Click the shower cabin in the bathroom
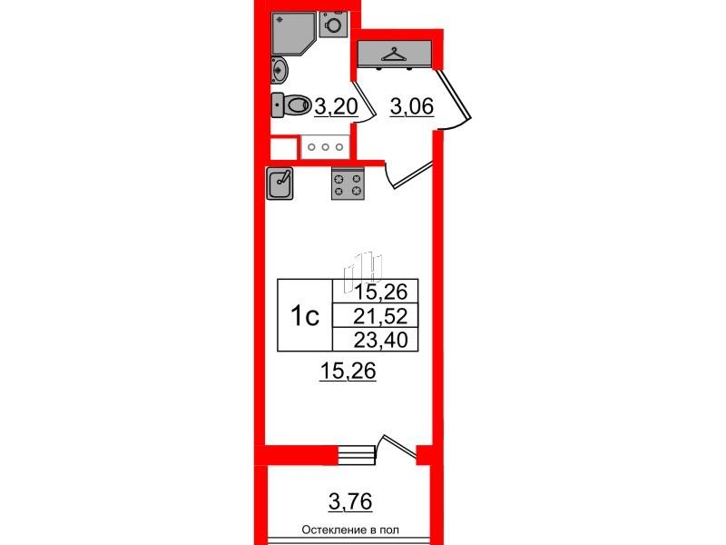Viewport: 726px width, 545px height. (291, 33)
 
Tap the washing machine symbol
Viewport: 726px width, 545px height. (333, 25)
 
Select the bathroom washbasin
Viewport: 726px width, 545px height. (280, 71)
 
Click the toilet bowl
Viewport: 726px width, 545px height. (291, 105)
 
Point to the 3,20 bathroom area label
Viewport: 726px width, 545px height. (336, 107)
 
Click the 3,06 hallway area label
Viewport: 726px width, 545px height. (412, 107)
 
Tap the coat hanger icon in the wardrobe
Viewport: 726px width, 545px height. (394, 54)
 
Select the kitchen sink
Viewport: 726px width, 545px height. (280, 183)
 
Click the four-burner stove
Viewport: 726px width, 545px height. (348, 183)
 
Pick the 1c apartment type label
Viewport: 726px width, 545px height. (305, 316)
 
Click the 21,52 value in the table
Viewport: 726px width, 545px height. (380, 316)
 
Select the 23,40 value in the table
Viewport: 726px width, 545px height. (380, 340)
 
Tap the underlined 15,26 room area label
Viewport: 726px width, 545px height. (348, 372)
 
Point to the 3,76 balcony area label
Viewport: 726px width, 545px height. (350, 501)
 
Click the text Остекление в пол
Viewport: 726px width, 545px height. (350, 530)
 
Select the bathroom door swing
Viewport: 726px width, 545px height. (365, 103)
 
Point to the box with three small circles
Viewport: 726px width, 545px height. (325, 147)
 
